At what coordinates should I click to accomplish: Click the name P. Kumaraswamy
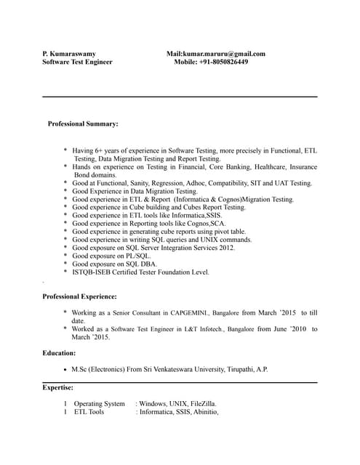pos(69,53)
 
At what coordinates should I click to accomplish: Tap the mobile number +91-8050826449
pos(223,62)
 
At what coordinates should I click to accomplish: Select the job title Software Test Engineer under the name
pos(77,62)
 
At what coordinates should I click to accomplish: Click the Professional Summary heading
pos(83,124)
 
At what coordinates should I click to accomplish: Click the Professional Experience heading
pos(79,296)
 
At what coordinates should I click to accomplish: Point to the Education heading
pos(59,352)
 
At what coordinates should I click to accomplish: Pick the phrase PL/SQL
pos(137,256)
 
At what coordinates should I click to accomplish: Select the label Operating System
pos(99,404)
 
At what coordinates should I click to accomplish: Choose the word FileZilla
pos(201,404)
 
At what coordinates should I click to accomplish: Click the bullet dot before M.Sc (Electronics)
pos(66,369)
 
